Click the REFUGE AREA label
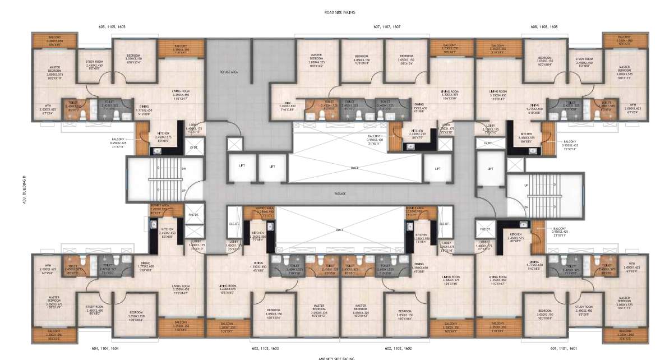pos(228,72)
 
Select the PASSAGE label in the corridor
pos(340,193)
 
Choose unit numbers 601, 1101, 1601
pos(565,348)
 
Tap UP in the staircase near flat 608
pos(525,186)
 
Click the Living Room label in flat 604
pos(181,288)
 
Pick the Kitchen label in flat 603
pos(258,234)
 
